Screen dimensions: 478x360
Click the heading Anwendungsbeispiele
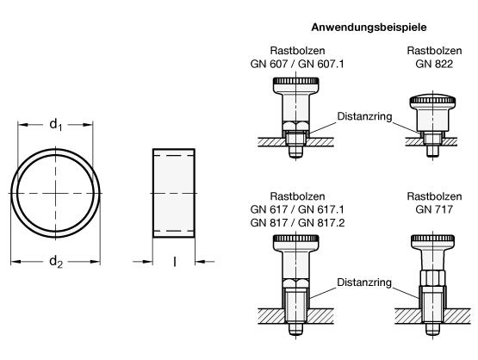click(369, 28)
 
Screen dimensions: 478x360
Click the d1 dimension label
click(56, 125)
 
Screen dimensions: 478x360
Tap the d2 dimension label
click(56, 262)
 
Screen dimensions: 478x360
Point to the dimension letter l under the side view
click(174, 262)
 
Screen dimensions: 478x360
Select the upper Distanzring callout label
click(364, 116)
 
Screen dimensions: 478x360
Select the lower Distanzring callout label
click(364, 282)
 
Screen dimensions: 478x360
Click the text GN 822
click(434, 64)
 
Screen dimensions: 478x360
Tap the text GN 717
click(434, 209)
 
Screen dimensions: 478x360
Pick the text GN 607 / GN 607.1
click(297, 64)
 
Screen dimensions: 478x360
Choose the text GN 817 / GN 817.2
click(297, 223)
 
